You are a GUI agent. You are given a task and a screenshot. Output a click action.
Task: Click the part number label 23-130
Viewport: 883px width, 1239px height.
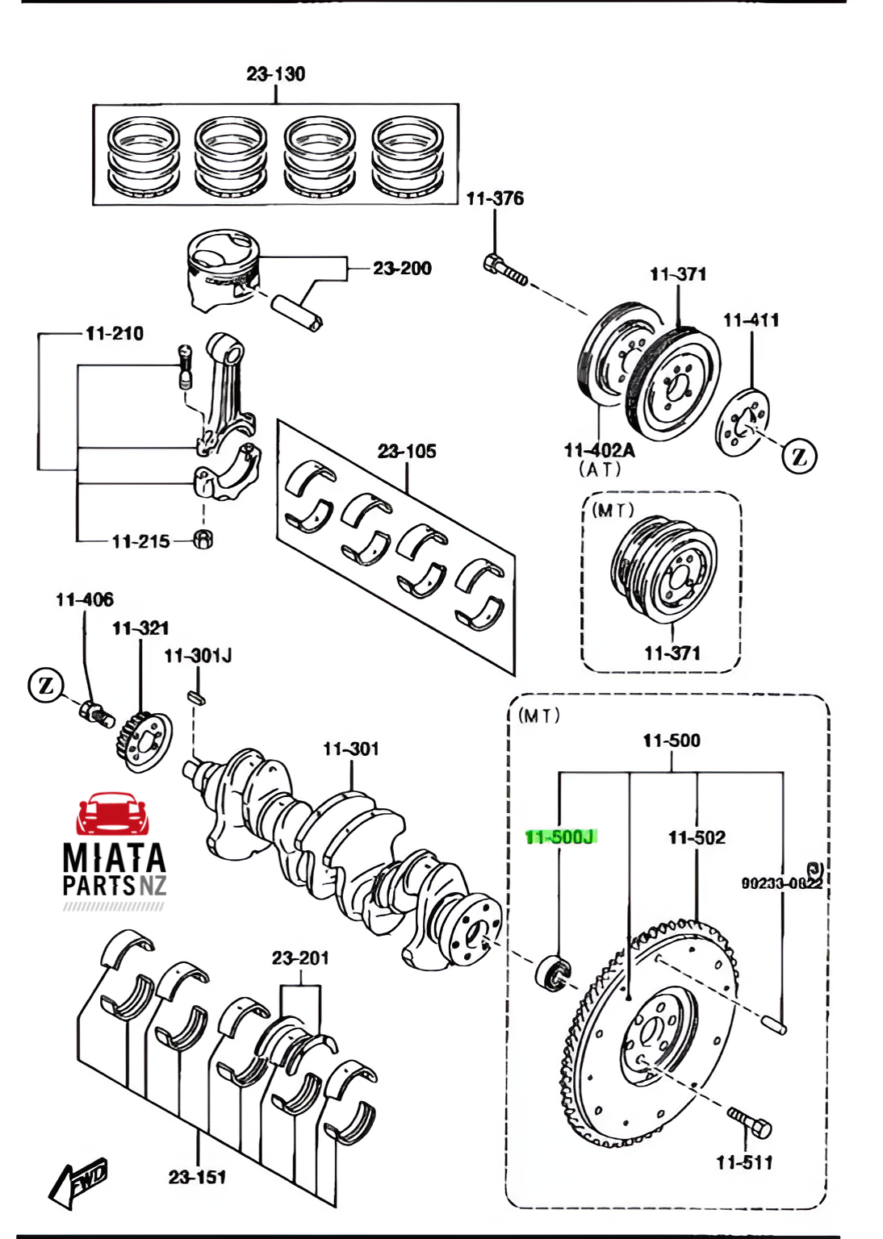276,74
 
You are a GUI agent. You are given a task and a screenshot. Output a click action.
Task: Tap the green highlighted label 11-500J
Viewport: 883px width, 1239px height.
560,837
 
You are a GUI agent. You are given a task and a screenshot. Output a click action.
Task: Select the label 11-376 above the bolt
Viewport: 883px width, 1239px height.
495,198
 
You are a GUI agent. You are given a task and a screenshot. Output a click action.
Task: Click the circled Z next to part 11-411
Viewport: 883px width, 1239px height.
799,456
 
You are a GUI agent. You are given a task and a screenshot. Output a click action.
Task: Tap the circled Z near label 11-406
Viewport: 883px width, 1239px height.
46,686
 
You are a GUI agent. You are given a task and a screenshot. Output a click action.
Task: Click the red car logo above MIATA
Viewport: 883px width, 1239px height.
113,814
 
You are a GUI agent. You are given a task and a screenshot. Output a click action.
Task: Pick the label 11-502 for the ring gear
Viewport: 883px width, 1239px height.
697,838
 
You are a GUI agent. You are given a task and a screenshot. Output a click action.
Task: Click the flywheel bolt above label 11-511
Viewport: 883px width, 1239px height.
751,1123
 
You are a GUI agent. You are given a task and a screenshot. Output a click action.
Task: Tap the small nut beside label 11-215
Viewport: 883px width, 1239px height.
204,540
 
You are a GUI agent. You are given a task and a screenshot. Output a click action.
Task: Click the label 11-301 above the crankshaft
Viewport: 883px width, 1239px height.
351,749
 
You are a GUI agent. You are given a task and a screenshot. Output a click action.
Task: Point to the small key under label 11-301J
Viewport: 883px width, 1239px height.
197,696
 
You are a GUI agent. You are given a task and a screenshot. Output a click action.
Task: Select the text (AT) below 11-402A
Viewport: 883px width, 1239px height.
600,469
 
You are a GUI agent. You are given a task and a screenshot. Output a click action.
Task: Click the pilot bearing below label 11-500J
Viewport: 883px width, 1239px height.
553,972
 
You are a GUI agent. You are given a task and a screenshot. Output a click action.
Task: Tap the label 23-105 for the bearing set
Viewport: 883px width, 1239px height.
407,452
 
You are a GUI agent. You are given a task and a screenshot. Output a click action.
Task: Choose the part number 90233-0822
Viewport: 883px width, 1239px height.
781,883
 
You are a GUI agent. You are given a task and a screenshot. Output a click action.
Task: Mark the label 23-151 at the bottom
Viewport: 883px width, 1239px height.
198,1178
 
